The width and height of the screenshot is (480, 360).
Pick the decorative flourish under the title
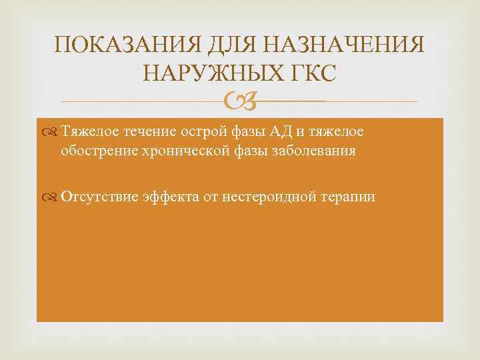pos(239,101)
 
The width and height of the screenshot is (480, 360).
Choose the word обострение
pos(96,151)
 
